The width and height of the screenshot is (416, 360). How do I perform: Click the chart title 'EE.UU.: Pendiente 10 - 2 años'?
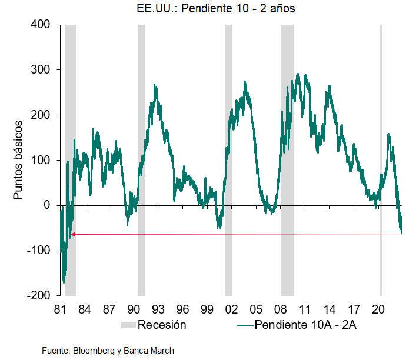tap(208, 9)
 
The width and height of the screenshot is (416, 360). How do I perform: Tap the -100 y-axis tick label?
tap(40, 251)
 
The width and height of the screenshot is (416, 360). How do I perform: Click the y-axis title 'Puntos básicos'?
tap(19, 159)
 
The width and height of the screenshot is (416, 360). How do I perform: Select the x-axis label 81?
tap(59, 309)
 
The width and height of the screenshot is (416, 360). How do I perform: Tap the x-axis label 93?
tap(157, 309)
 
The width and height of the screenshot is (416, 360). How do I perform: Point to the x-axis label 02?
tap(231, 309)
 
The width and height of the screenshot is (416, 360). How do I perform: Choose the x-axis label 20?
tap(378, 309)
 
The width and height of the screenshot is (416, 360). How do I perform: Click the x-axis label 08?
tap(279, 309)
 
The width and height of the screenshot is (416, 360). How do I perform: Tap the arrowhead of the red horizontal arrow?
tap(72, 234)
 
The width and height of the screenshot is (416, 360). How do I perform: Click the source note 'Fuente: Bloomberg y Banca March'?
tap(108, 351)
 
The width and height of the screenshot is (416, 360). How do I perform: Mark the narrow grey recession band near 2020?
tap(381, 159)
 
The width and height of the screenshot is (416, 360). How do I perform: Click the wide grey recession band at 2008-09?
tap(287, 159)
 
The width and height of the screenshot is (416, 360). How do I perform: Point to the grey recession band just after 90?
tap(141, 159)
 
